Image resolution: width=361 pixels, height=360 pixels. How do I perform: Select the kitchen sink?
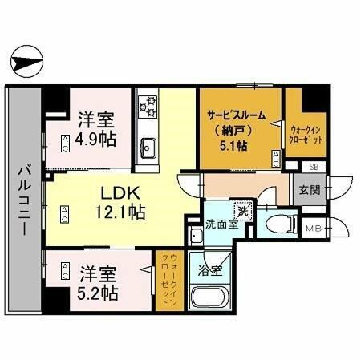[148, 147]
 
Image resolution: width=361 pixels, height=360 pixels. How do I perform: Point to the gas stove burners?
[148, 105]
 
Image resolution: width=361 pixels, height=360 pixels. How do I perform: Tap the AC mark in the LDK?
[65, 212]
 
